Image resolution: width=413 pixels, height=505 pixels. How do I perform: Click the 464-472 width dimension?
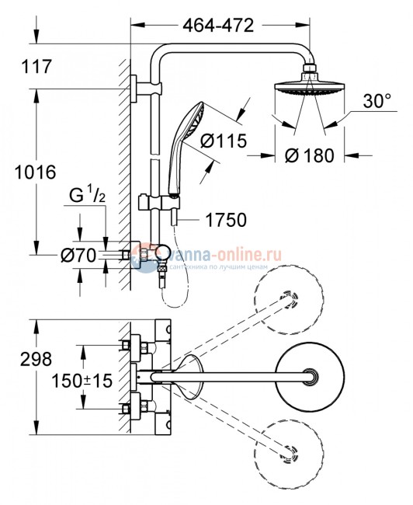pyautogui.click(x=219, y=26)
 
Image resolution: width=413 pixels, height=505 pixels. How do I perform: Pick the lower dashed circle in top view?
pyautogui.click(x=290, y=451)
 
